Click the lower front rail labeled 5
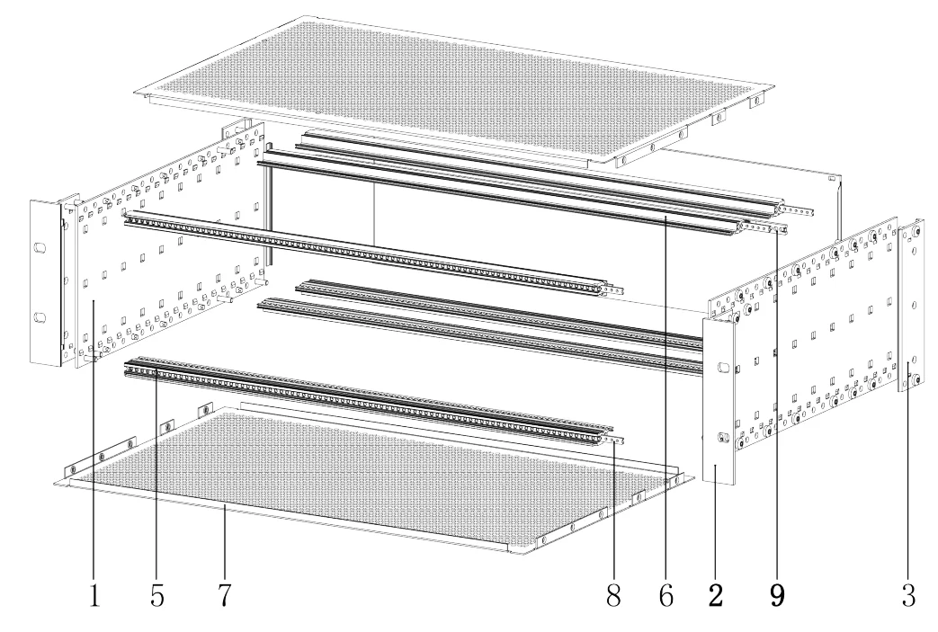[360, 396]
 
